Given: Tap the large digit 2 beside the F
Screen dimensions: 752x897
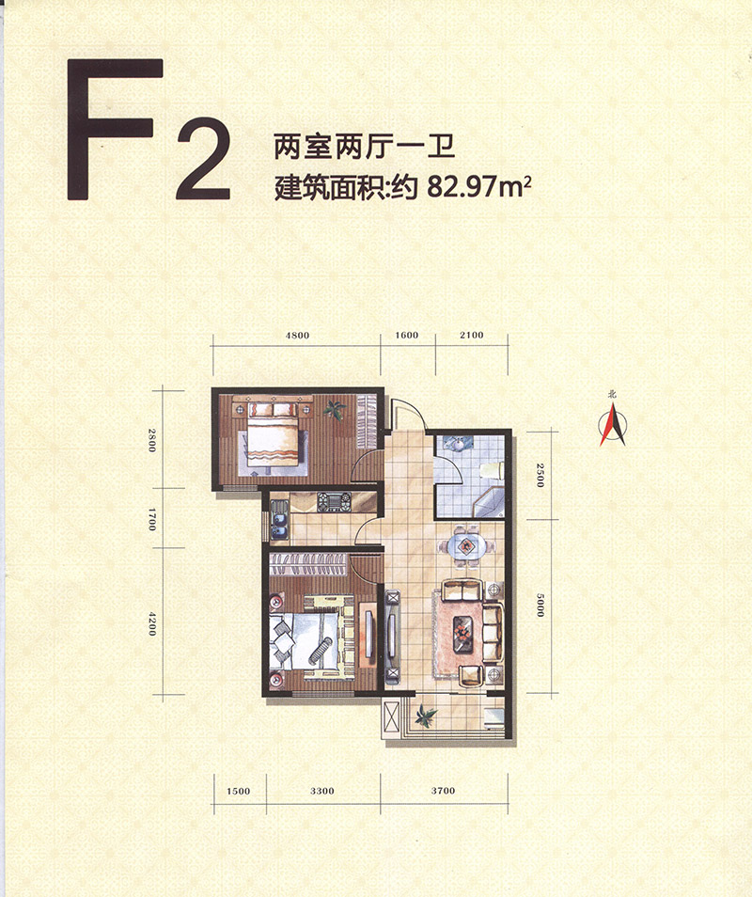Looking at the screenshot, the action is pos(204,162).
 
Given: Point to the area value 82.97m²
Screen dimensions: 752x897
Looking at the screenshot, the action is pos(479,186).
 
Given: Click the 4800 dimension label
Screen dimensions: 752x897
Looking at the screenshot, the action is pos(297,336).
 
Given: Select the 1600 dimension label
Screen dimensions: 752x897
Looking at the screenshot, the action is pos(407,336).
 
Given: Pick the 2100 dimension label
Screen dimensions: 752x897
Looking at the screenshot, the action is pos(472,336).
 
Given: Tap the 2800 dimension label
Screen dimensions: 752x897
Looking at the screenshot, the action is pos(151,440).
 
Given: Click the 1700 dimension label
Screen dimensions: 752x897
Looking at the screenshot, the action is pos(151,518).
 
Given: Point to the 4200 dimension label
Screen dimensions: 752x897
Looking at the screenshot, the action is pos(151,623).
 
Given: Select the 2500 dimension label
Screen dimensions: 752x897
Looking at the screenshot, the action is pos(540,475).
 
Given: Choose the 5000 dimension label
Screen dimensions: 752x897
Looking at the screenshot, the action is pos(540,606).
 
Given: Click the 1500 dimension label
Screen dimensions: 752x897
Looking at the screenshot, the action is pos(239,791).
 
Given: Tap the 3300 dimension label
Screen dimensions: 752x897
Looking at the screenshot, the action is pos(322,791).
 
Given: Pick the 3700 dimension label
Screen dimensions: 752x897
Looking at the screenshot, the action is pos(443,791).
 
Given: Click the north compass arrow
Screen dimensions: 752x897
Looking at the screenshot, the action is pos(612,424).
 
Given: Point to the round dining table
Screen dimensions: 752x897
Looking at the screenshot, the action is pos(467,545).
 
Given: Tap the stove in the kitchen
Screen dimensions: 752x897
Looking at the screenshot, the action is pos(334,502).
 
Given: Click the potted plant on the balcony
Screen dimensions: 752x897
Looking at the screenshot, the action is pos(426,716).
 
